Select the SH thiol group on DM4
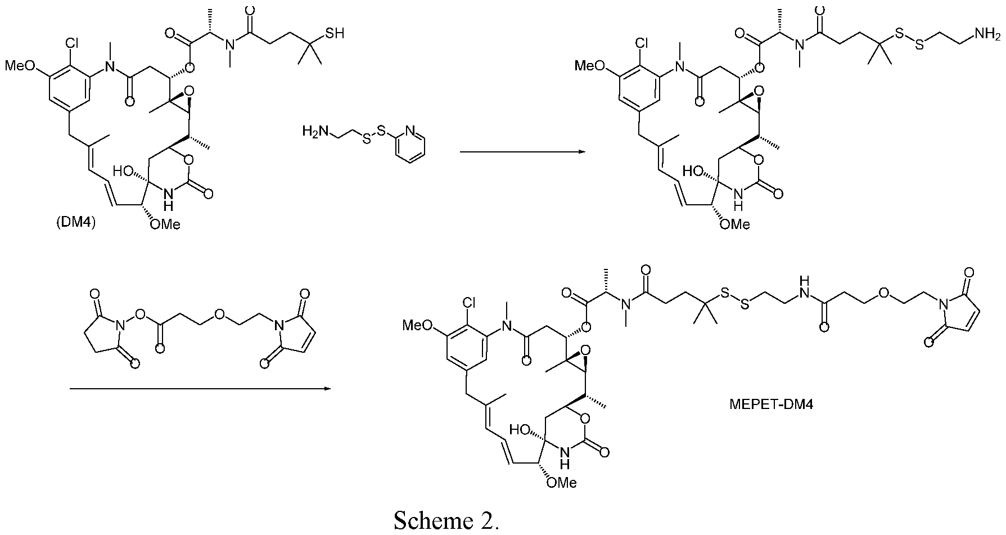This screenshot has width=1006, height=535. [x=335, y=34]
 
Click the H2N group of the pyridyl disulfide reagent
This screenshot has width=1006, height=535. [x=314, y=132]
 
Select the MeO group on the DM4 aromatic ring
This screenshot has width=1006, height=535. [x=19, y=66]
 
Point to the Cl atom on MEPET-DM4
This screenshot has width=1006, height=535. [x=468, y=303]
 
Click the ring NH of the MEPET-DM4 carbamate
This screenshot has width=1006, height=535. [x=565, y=458]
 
